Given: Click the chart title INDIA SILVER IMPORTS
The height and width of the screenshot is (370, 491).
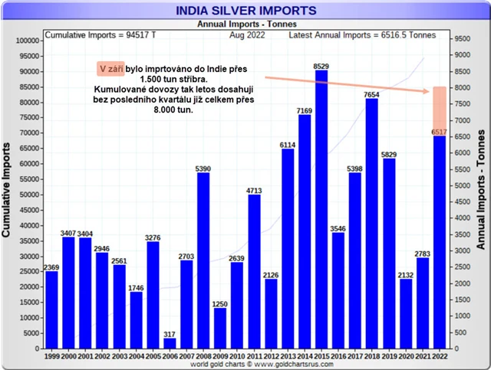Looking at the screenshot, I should [x=245, y=11].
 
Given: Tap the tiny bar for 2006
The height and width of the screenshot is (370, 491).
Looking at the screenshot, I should [x=170, y=343].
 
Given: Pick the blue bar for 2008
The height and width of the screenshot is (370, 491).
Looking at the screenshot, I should [x=203, y=260].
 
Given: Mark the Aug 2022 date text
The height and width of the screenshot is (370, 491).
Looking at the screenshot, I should [x=248, y=35].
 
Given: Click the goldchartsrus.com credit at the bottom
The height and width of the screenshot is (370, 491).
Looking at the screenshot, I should [x=245, y=365].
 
